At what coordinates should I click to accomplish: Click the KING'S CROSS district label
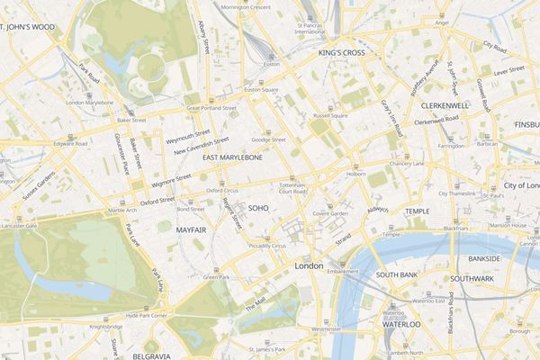point(341,54)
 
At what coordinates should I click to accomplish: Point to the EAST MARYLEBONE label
point(232,157)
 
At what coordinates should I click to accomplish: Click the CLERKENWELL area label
point(444,105)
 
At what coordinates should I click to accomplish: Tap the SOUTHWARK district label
point(472,279)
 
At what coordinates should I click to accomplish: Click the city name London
point(309,266)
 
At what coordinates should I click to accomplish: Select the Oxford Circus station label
point(222,191)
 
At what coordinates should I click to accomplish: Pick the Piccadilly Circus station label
point(266,245)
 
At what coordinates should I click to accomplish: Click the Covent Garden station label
point(330,213)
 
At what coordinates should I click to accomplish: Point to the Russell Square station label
point(329,116)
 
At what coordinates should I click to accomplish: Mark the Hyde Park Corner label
point(148,316)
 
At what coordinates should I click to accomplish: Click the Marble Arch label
point(122,211)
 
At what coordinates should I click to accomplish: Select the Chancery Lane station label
point(406,164)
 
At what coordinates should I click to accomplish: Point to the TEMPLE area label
point(417,211)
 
